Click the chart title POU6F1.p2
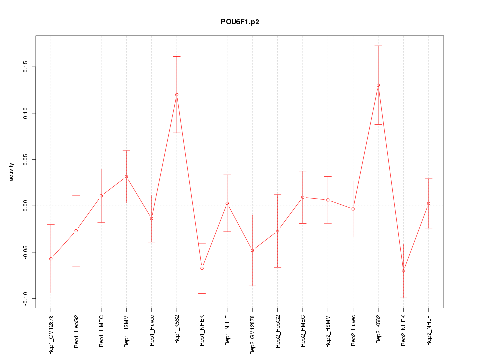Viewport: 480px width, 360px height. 240,22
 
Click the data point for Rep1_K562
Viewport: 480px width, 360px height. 177,95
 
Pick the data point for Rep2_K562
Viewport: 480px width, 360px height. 378,85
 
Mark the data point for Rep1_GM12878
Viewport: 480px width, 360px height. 51,259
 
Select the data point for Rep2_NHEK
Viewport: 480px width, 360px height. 403,271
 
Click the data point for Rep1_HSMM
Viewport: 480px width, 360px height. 126,177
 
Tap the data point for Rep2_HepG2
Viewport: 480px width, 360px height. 277,231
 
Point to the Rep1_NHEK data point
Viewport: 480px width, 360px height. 202,268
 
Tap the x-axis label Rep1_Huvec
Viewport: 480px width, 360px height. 152,330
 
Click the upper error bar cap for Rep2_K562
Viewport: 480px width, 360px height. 378,46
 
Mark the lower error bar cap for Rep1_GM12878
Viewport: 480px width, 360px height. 51,293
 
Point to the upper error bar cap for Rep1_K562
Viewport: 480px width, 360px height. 177,57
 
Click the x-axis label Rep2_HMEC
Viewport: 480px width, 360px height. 303,331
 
